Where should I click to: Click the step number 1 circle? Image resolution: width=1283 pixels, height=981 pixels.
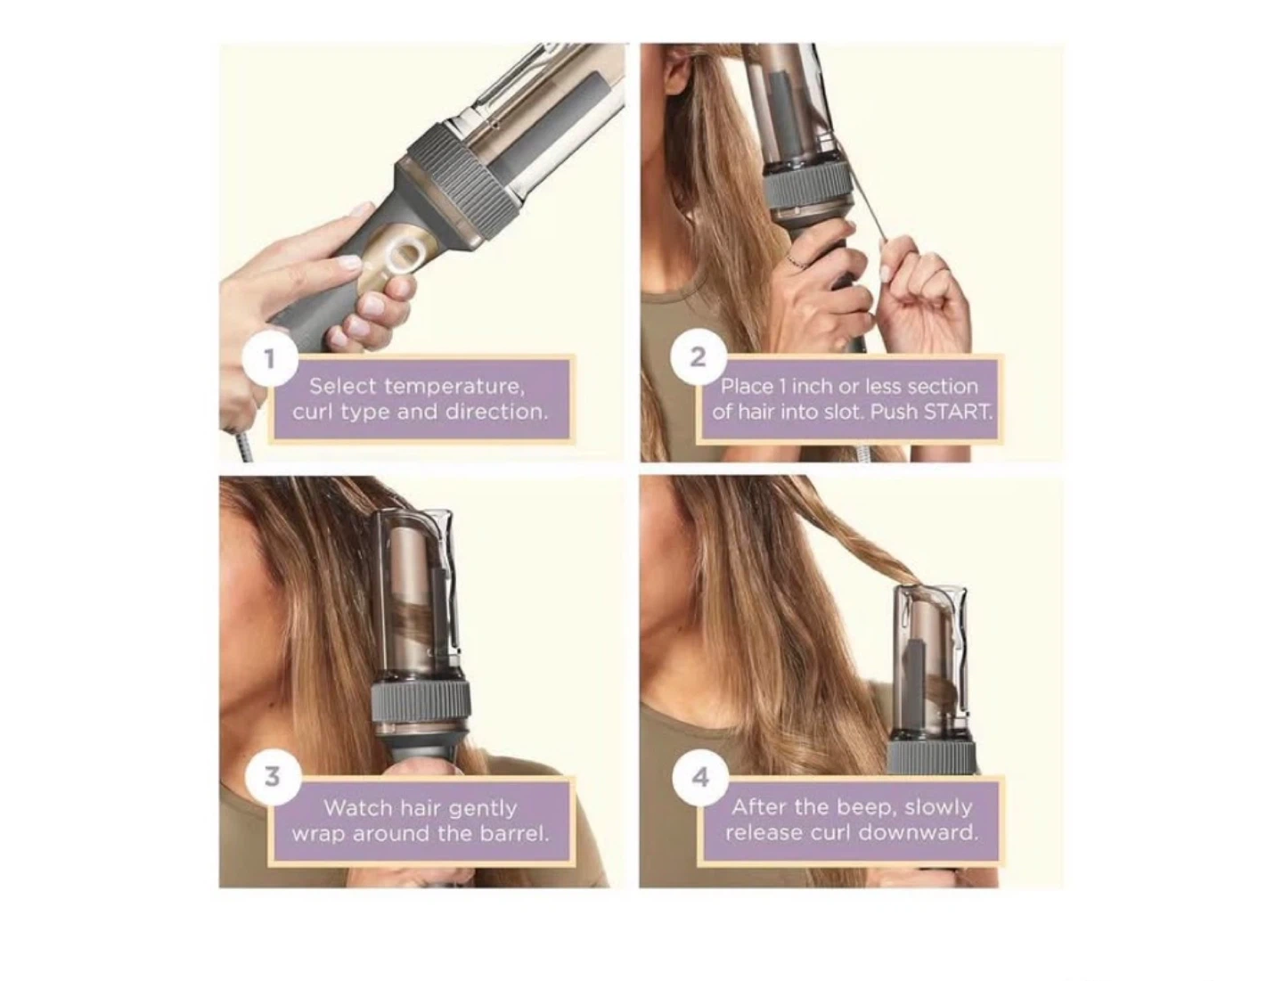pos(269,359)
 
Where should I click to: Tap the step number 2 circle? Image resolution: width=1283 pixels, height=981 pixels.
pos(698,357)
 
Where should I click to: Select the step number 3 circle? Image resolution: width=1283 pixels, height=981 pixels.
pos(273,777)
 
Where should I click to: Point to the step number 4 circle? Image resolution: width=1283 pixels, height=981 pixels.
pos(699,777)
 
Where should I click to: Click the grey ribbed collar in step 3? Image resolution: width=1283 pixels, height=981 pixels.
pos(421,704)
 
